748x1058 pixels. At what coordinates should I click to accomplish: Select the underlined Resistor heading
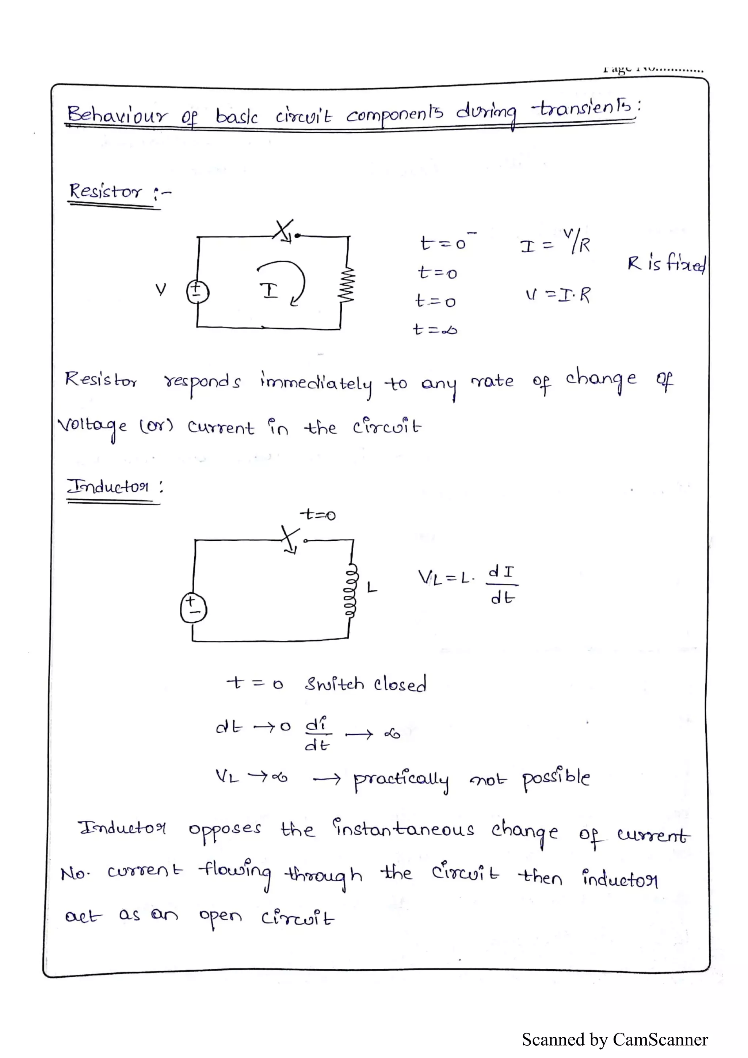[x=106, y=191]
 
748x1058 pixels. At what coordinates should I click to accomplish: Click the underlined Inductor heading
[x=109, y=487]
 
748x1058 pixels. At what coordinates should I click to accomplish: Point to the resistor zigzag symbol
[x=346, y=285]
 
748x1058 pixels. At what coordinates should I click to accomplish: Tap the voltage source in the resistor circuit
[x=197, y=291]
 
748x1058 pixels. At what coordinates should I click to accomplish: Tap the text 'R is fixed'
[x=666, y=264]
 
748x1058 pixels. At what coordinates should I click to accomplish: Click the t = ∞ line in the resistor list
[x=435, y=329]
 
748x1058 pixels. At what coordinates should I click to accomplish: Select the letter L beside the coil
[x=372, y=587]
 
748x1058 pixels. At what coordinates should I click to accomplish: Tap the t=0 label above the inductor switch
[x=318, y=514]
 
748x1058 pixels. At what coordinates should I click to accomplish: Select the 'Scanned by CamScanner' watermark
[x=614, y=1040]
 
